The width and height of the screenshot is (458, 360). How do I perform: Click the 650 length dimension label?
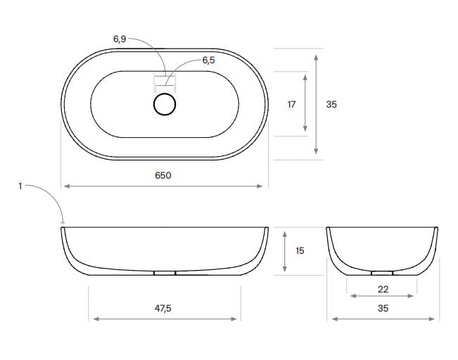coord(163,175)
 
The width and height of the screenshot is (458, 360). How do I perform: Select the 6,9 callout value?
coord(120,39)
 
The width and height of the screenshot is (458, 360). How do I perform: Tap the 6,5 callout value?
coord(208,60)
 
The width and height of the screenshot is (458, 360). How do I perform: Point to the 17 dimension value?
coord(291,104)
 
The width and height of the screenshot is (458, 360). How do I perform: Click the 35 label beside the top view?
coord(331,104)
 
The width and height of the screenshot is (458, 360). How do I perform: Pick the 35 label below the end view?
coord(383,308)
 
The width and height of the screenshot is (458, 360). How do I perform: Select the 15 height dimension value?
coord(300,250)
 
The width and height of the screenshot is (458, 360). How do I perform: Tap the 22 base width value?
coord(383,289)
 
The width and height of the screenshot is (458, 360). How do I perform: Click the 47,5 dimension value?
coord(163,308)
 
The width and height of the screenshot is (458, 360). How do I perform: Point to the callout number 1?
coord(20,186)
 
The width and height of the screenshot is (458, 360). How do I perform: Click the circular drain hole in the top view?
coord(164,104)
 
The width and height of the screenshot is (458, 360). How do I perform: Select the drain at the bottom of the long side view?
coord(164,273)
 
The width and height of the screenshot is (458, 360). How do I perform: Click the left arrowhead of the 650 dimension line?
coord(66,186)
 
